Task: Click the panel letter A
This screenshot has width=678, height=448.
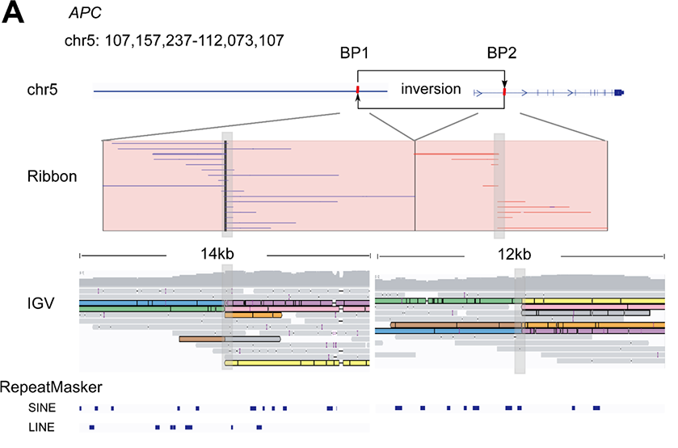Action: (15, 14)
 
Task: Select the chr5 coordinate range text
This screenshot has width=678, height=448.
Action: (174, 40)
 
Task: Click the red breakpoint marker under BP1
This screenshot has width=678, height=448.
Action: (357, 91)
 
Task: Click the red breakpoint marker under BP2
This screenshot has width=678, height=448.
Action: (503, 92)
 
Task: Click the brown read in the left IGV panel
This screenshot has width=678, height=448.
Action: (202, 339)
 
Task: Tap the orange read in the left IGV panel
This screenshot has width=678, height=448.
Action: (254, 315)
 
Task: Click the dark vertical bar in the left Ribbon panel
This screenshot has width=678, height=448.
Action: (225, 186)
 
